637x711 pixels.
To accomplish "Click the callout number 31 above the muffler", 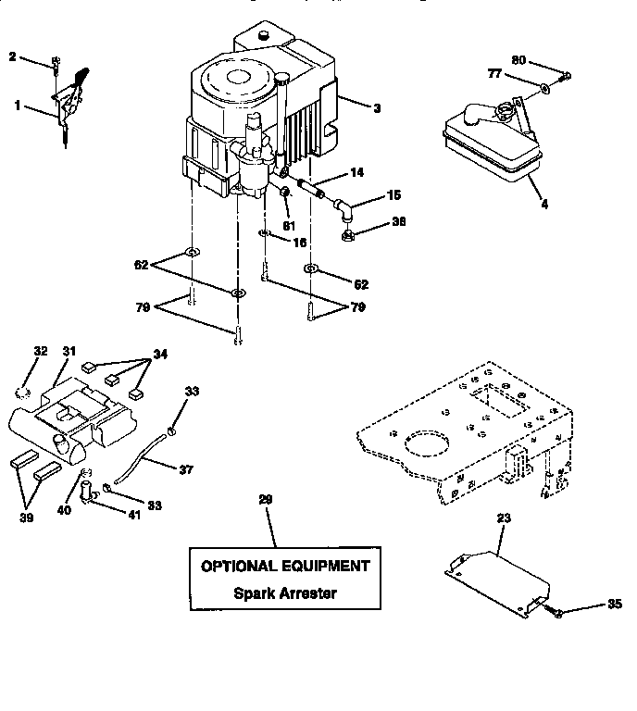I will (69, 351).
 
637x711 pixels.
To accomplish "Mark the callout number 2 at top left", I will (12, 57).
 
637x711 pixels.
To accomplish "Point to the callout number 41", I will (135, 514).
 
